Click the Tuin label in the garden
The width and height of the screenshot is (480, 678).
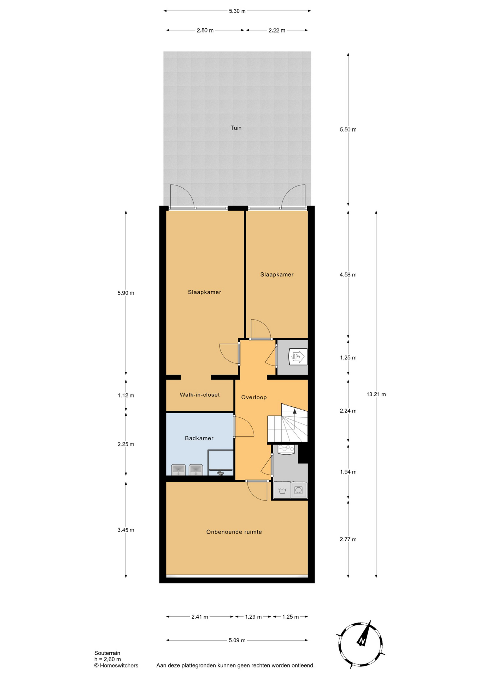236,128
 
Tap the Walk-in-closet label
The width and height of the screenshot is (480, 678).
200,395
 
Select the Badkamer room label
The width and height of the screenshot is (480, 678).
199,438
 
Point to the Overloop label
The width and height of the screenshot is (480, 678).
254,397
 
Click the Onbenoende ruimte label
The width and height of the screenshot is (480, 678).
234,532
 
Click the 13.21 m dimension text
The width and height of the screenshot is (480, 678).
376,394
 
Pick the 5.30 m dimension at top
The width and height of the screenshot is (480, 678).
237,11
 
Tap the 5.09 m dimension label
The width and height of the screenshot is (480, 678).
237,640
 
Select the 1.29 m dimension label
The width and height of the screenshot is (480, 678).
253,617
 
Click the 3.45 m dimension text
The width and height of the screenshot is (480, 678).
126,530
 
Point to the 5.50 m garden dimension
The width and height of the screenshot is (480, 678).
348,130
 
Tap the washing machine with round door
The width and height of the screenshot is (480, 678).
299,490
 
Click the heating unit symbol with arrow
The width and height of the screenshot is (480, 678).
298,357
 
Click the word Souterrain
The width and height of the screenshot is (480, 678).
107,653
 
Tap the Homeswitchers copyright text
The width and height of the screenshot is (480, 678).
116,666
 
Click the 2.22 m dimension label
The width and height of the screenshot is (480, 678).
277,30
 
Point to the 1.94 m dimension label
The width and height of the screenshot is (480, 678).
348,472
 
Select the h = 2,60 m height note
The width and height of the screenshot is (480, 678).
107,659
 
